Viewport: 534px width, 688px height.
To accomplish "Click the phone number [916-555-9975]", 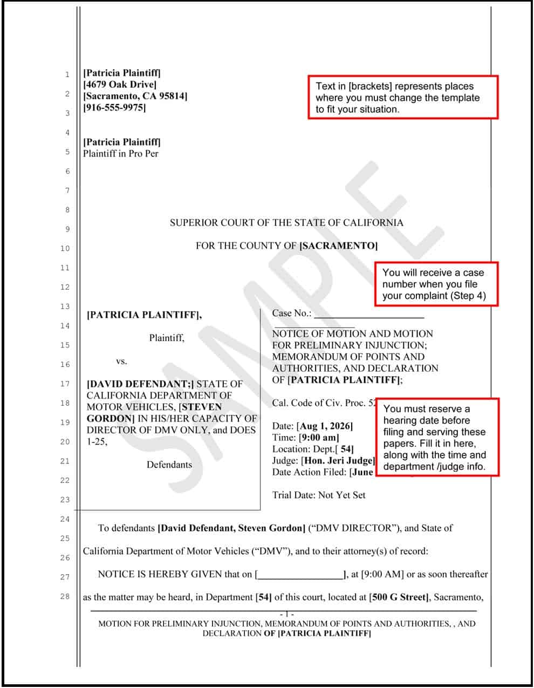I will pos(114,107).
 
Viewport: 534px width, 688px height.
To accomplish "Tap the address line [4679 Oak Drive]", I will pos(120,84).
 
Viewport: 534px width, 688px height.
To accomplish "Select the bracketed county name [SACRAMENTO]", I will pos(338,246).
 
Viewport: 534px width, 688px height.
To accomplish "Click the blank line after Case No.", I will pos(369,314).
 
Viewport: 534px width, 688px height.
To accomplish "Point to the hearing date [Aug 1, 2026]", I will pos(324,426).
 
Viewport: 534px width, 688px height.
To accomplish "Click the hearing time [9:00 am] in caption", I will pos(319,438).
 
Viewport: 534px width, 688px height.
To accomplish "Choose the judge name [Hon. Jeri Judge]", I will pos(338,460).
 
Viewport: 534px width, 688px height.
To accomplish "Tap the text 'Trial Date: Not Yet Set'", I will pos(319,495).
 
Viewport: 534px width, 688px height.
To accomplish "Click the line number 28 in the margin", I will pos(65,596).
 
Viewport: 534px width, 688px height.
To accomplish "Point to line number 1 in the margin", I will pos(67,74).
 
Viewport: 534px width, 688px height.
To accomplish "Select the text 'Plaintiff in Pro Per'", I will pos(121,153).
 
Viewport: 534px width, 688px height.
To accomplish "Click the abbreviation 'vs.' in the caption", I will pos(121,361).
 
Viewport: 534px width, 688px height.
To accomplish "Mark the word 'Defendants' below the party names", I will pos(169,465).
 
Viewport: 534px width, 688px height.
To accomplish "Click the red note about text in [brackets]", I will pos(402,98).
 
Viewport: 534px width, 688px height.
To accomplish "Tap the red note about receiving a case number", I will pos(436,284).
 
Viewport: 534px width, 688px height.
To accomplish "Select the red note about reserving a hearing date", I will pos(437,437).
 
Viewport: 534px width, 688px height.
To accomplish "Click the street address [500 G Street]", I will pos(399,597).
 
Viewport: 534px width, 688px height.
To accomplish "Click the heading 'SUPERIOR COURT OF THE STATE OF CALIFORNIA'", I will pos(286,222).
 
